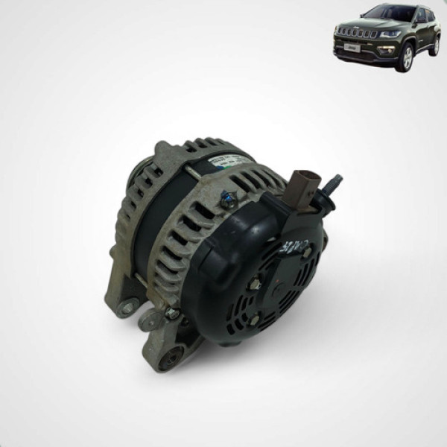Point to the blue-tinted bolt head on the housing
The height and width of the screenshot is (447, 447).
[x=229, y=199]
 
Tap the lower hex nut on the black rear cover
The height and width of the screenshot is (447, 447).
[x=254, y=319]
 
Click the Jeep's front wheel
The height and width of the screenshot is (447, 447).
[x=406, y=58]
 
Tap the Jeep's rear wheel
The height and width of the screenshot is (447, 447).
[x=435, y=45]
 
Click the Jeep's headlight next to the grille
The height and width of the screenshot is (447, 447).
[x=389, y=34]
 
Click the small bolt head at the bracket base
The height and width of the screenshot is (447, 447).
[x=171, y=314]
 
